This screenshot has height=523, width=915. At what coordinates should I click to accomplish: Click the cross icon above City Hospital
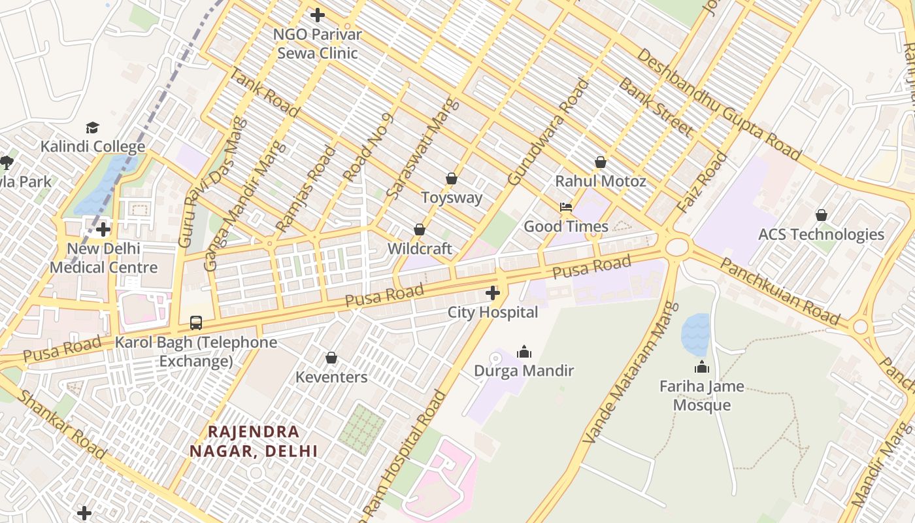pyautogui.click(x=493, y=293)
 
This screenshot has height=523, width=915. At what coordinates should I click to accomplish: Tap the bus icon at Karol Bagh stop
pyautogui.click(x=196, y=322)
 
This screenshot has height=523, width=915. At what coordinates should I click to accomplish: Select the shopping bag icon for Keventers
pyautogui.click(x=331, y=358)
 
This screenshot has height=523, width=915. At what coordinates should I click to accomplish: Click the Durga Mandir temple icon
pyautogui.click(x=524, y=352)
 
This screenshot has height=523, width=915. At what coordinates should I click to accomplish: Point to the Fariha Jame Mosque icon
pyautogui.click(x=702, y=367)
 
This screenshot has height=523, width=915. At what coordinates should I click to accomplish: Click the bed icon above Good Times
pyautogui.click(x=566, y=207)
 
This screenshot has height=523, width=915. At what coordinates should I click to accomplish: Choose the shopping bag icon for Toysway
pyautogui.click(x=451, y=178)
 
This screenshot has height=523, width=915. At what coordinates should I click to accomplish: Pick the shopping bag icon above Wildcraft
pyautogui.click(x=420, y=229)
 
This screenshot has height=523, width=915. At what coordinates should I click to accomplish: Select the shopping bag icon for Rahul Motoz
pyautogui.click(x=601, y=161)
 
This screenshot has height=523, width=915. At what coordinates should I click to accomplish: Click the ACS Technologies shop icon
pyautogui.click(x=821, y=214)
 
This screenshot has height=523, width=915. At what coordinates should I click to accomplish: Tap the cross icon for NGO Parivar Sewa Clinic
pyautogui.click(x=318, y=14)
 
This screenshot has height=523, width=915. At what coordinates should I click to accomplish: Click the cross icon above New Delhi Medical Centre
pyautogui.click(x=103, y=229)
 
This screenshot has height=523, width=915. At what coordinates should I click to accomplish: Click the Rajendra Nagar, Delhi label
pyautogui.click(x=254, y=441)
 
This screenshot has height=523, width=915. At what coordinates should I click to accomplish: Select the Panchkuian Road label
pyautogui.click(x=779, y=291)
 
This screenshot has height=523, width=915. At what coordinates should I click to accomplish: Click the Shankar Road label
pyautogui.click(x=61, y=425)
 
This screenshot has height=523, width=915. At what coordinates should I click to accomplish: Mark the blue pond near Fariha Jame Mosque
pyautogui.click(x=695, y=335)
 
